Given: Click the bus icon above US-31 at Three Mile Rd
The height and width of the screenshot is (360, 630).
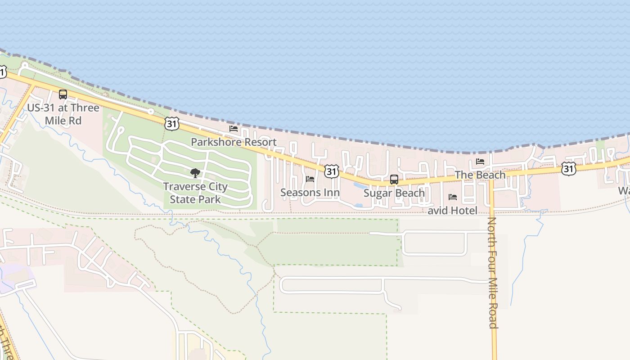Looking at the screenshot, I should point(63,94).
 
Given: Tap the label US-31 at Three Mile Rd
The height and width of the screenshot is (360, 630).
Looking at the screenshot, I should point(63,114).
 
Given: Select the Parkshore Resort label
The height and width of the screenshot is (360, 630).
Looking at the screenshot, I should point(234,142).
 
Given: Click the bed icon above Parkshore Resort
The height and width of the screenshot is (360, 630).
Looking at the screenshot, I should point(234,129).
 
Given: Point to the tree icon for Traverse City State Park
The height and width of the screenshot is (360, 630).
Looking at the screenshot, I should point(195,173).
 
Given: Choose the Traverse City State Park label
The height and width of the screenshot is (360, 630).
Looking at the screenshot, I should point(195,193).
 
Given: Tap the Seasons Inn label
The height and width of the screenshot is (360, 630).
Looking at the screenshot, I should point(310,193).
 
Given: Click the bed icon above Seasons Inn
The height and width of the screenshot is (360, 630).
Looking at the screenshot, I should point(310,179).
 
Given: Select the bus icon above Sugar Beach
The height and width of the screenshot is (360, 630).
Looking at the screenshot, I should point(394,179).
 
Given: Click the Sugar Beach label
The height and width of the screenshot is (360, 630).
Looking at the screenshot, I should point(394,193).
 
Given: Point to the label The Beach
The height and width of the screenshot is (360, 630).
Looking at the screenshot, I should point(480,175).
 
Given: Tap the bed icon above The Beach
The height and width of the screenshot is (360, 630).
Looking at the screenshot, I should point(480,162).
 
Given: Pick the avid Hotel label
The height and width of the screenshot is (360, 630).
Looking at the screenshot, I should point(452,211).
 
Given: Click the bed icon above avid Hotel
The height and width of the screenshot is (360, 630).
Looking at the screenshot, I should point(453,197).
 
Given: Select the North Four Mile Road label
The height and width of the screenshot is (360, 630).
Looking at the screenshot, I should point(493,273).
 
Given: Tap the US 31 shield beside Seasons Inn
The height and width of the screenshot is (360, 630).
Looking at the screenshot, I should point(332,171).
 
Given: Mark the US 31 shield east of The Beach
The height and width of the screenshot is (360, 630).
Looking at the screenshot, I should point(569,169).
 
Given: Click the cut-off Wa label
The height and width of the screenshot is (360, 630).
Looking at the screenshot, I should point(624,191).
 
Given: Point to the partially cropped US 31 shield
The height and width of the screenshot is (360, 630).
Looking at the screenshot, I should point(2,71).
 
